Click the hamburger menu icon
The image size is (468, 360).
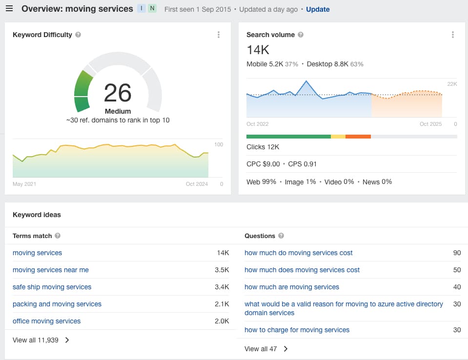pyautogui.click(x=9, y=8)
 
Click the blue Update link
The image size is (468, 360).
pyautogui.click(x=318, y=9)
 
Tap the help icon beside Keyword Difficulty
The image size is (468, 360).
pyautogui.click(x=78, y=35)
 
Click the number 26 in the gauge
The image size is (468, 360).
pyautogui.click(x=118, y=93)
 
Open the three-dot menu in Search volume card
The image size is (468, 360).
pyautogui.click(x=453, y=35)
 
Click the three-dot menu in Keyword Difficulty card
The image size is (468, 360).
pyautogui.click(x=219, y=35)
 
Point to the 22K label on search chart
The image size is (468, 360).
pyautogui.click(x=452, y=84)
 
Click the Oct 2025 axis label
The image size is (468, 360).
pyautogui.click(x=430, y=124)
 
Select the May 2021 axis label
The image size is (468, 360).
pyautogui.click(x=24, y=184)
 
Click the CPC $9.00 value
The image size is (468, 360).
pyautogui.click(x=263, y=164)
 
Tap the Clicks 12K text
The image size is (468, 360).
pyautogui.click(x=263, y=147)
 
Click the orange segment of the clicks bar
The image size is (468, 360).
pyautogui.click(x=358, y=137)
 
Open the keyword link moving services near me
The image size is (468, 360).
pyautogui.click(x=51, y=270)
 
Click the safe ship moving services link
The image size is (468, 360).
pyautogui.click(x=52, y=287)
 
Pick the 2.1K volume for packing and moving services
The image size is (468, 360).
pyautogui.click(x=222, y=304)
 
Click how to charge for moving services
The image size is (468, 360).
pyautogui.click(x=297, y=330)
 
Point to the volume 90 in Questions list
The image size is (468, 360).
pyautogui.click(x=457, y=253)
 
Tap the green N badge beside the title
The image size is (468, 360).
pyautogui.click(x=152, y=8)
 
